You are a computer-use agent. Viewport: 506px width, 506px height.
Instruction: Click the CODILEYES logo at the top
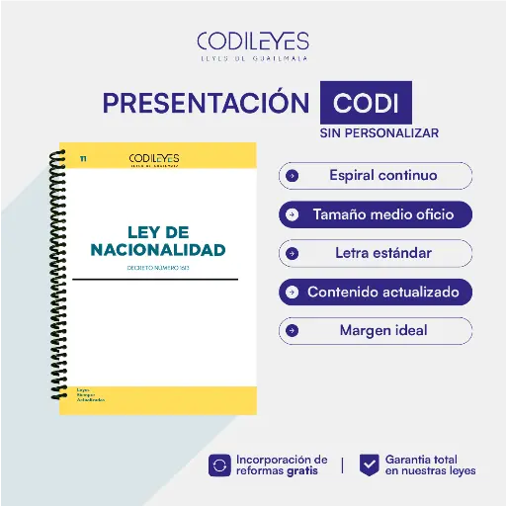click(x=253, y=45)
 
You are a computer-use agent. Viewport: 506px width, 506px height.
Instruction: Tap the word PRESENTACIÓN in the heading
click(x=206, y=103)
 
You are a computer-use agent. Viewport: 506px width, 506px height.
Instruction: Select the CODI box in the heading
click(x=366, y=104)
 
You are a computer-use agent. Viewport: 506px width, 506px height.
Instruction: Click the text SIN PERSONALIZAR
click(x=379, y=132)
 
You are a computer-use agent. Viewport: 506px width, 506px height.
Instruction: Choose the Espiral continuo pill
click(x=376, y=176)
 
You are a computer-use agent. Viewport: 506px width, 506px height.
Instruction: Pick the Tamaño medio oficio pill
click(x=376, y=214)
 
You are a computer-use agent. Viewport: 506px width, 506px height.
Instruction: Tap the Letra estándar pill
click(x=376, y=253)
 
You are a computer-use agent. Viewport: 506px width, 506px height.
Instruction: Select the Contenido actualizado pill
click(x=376, y=293)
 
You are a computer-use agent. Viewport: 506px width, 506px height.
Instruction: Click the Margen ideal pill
click(x=376, y=330)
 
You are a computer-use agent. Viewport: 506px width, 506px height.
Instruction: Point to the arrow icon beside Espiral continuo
click(x=292, y=176)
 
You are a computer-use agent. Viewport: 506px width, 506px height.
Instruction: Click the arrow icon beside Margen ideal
click(x=292, y=330)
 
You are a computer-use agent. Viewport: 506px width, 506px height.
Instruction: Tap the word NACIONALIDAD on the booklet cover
click(x=157, y=249)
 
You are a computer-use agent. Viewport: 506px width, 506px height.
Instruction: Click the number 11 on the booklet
click(x=83, y=158)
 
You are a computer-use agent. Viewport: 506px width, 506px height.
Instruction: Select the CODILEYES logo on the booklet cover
click(x=154, y=159)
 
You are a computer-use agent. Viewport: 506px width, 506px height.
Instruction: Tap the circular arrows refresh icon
click(x=218, y=465)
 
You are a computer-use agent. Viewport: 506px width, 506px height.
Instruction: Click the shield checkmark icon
click(x=369, y=465)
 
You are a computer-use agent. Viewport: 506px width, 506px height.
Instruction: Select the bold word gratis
click(x=302, y=471)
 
